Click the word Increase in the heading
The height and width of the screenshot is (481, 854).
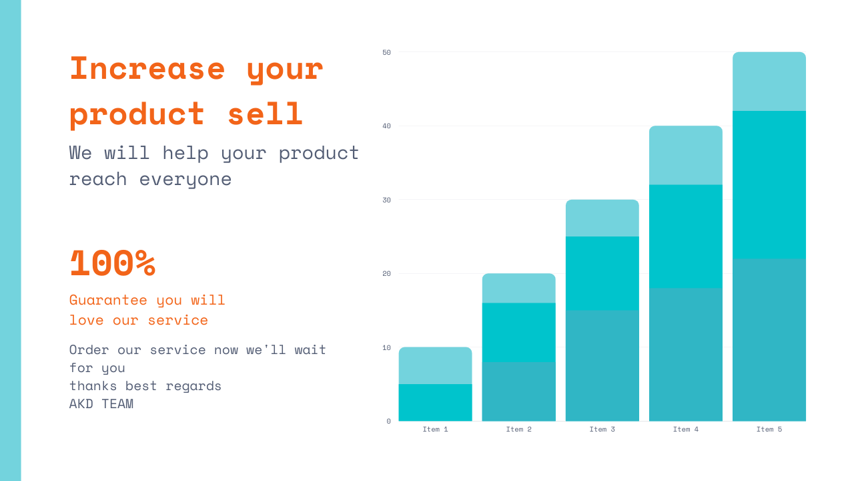click(x=147, y=68)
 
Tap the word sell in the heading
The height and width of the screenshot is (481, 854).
click(x=265, y=114)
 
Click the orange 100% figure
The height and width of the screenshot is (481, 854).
click(x=112, y=263)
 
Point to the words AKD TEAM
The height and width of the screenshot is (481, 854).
click(x=101, y=404)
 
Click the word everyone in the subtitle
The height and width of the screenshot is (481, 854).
click(x=185, y=179)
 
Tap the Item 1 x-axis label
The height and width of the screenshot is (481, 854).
click(x=435, y=429)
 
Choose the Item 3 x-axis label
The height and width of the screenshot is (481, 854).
click(x=602, y=429)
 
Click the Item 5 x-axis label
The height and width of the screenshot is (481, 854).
click(x=769, y=429)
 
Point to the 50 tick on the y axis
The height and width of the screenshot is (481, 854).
click(x=387, y=52)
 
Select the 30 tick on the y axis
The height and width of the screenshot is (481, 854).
click(x=387, y=200)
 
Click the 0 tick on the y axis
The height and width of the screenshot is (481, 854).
click(x=389, y=421)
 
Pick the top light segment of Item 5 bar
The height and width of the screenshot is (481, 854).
click(x=769, y=82)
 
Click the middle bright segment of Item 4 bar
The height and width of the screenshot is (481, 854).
click(x=685, y=236)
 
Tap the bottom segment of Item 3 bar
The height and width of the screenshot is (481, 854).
click(x=602, y=365)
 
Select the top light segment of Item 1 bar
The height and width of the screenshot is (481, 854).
click(x=435, y=365)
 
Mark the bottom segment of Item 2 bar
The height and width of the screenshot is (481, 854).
click(x=518, y=391)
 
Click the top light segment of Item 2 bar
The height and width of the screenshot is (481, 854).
click(x=518, y=288)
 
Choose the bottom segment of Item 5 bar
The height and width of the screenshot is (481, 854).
click(x=769, y=340)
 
